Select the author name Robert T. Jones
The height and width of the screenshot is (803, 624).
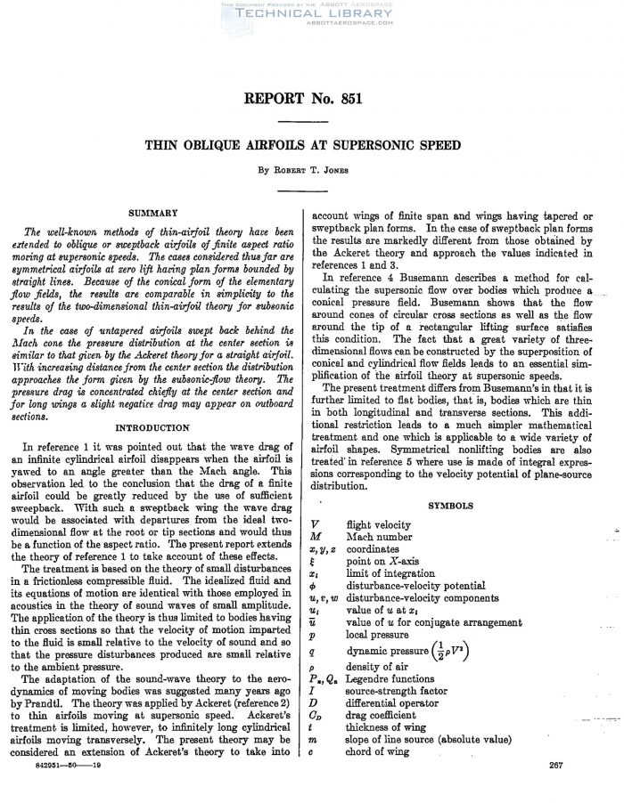[x=312, y=169]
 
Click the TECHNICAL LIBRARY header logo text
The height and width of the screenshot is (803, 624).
[x=312, y=15]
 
